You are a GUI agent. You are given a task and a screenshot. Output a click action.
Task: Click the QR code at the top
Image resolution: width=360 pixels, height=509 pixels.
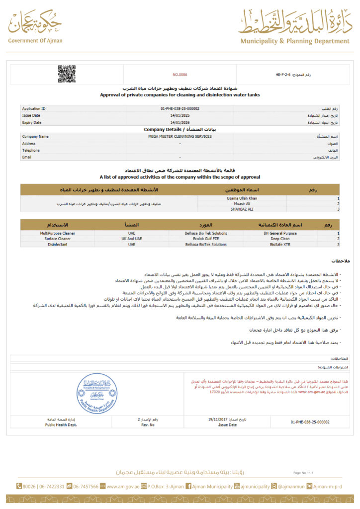pyautogui.click(x=67, y=74)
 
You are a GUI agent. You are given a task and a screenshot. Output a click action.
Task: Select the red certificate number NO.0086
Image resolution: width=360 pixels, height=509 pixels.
pyautogui.click(x=180, y=75)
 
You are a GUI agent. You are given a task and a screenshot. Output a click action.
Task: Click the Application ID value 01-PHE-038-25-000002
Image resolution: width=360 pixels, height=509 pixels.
pyautogui.click(x=180, y=108)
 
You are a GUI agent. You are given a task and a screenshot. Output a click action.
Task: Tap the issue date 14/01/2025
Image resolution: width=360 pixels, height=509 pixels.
pyautogui.click(x=180, y=115)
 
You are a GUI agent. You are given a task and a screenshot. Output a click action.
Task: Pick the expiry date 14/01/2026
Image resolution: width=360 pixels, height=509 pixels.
pyautogui.click(x=180, y=122)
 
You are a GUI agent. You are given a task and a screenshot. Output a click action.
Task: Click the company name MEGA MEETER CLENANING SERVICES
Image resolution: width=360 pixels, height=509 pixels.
pyautogui.click(x=180, y=137)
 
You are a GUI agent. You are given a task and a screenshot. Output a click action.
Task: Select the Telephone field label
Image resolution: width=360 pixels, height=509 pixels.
pyautogui.click(x=31, y=151)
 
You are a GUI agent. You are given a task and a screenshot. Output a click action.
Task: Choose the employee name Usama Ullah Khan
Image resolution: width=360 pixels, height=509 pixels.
pyautogui.click(x=233, y=198)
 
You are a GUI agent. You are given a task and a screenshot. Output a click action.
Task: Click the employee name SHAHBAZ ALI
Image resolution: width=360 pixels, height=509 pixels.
pyautogui.click(x=233, y=209)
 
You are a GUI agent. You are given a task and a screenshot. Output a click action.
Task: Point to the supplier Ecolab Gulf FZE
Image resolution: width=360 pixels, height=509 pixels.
pyautogui.click(x=206, y=239)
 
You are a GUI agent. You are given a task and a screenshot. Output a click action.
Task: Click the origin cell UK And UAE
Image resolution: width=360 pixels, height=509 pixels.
pyautogui.click(x=131, y=239)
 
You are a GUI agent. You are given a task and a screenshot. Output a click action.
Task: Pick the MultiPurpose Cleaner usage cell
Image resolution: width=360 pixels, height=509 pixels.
pyautogui.click(x=58, y=233)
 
